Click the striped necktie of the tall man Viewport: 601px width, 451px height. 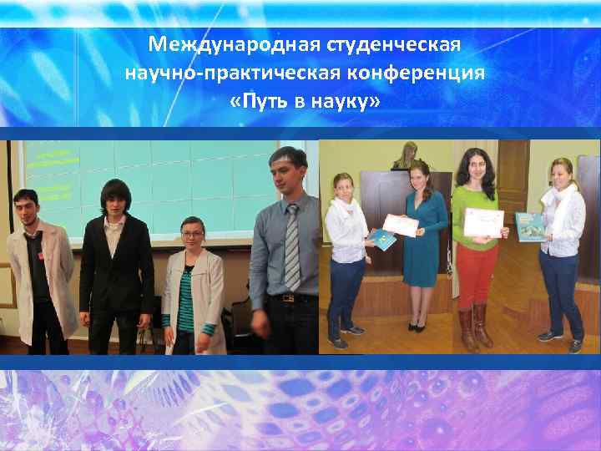(x=292, y=247)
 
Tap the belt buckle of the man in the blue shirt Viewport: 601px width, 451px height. (x=288, y=297)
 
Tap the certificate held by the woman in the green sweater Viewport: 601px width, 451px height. (x=485, y=221)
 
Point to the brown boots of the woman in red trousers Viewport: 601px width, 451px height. (x=473, y=328)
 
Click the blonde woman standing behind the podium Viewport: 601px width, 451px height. (x=409, y=156)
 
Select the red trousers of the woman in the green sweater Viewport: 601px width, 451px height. (x=476, y=276)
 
